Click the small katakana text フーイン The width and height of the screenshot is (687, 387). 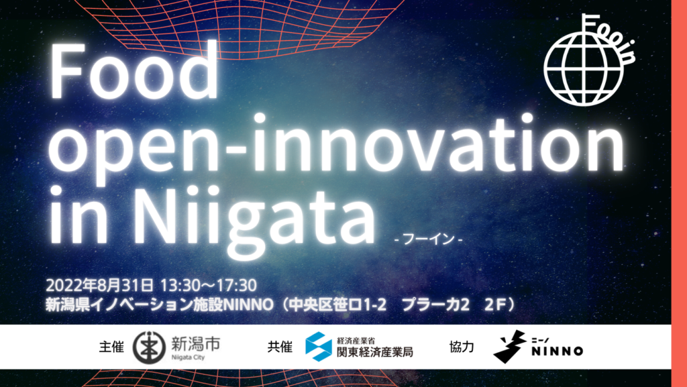pyautogui.click(x=429, y=239)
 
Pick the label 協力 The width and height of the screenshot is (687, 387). pyautogui.click(x=462, y=347)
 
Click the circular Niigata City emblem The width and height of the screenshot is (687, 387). pyautogui.click(x=148, y=347)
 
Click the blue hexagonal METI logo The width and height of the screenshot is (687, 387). pyautogui.click(x=318, y=347)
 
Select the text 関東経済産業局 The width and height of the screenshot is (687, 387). pyautogui.click(x=374, y=351)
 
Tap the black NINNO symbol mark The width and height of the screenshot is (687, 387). pyautogui.click(x=509, y=347)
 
